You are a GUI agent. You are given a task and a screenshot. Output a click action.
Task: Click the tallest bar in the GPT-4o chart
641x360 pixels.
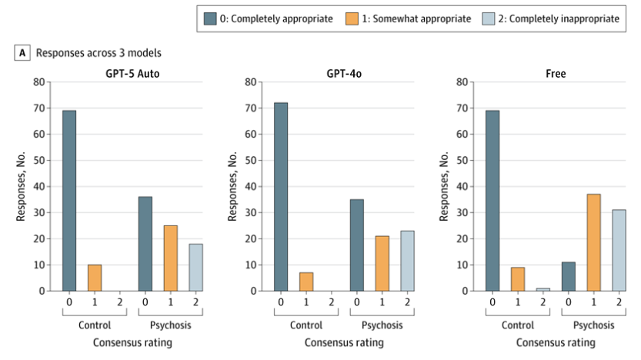(281, 197)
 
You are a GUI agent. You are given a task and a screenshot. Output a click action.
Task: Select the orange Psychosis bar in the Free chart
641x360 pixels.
(593, 243)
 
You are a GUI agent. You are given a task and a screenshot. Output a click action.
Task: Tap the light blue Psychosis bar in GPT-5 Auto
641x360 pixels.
(195, 267)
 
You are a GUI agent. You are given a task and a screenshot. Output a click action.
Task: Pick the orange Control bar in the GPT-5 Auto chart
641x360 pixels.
(95, 278)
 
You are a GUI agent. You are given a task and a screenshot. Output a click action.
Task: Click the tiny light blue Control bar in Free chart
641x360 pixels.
(543, 289)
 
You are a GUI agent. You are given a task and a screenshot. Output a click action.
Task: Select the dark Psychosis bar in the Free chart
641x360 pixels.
(568, 277)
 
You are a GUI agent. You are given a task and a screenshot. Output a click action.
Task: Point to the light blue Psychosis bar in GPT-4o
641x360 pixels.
(407, 261)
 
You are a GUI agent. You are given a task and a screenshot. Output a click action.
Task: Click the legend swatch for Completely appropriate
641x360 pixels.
(210, 18)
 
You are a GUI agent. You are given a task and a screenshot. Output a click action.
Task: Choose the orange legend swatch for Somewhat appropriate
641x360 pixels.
(352, 18)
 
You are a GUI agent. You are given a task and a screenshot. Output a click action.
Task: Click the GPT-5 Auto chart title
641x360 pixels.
(132, 74)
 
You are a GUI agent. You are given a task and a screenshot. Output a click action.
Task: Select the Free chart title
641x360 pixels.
(556, 74)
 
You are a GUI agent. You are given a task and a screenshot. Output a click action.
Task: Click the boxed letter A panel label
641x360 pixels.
(22, 53)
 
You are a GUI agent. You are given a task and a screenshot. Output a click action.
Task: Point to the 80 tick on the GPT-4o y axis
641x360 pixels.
(251, 82)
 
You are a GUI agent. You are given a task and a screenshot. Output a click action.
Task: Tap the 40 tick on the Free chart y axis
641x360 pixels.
(462, 186)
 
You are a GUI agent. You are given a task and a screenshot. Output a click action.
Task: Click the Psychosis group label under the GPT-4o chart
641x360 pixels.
(382, 325)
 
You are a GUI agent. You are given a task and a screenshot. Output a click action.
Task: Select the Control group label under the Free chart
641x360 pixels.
(518, 325)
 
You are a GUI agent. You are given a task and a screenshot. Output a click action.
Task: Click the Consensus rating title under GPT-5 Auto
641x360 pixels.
(132, 342)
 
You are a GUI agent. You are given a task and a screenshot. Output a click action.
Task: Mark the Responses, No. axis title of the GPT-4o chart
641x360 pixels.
(232, 186)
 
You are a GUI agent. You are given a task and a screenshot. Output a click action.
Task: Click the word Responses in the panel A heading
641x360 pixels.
(58, 53)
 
